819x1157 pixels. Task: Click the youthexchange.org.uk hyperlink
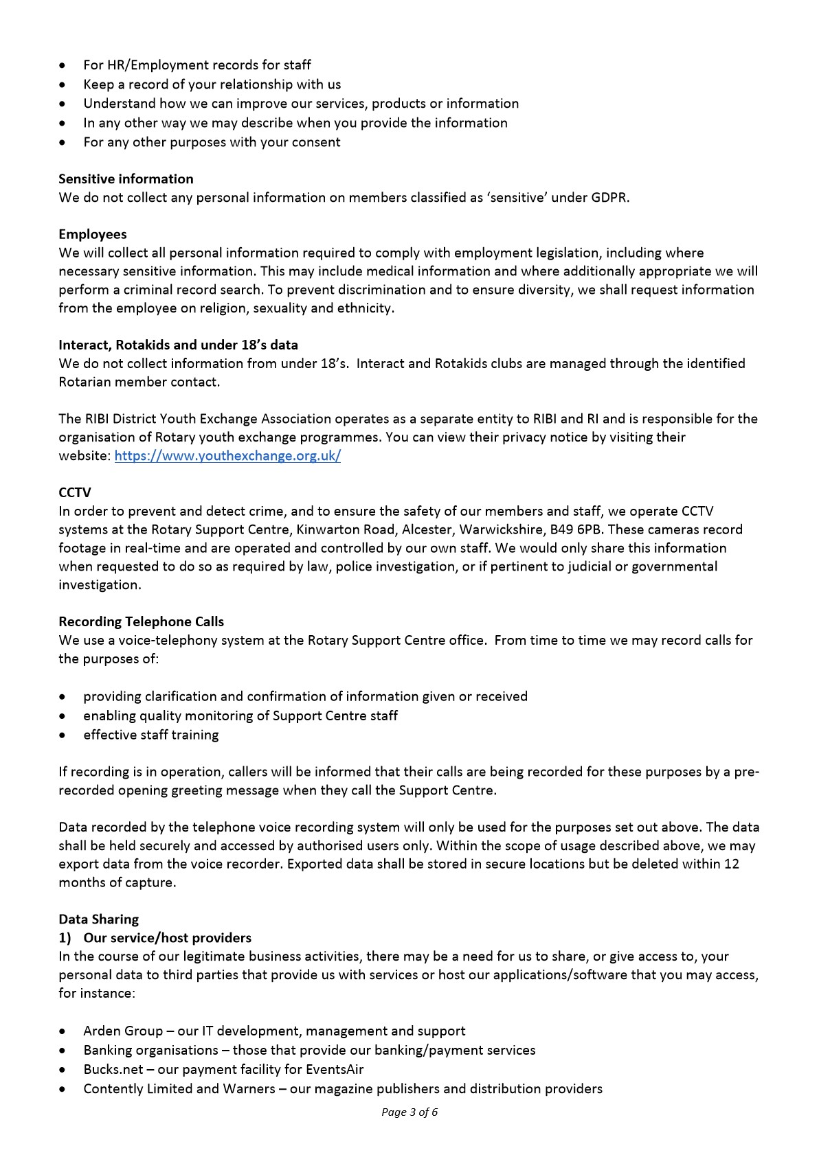[227, 456]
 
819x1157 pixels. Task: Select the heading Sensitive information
[126, 179]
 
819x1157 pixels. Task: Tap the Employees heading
[92, 235]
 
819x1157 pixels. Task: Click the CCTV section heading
[74, 493]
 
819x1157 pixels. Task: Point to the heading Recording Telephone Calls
[141, 622]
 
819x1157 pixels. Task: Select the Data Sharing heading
[98, 919]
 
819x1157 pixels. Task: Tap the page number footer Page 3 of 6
[410, 1112]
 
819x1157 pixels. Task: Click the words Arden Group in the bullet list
[123, 1031]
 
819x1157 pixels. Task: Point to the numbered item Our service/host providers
[167, 938]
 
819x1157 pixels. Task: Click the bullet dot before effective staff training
[63, 735]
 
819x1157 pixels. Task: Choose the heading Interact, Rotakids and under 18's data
[178, 345]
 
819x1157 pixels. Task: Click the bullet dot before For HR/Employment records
[63, 66]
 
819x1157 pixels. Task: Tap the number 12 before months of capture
[731, 864]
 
